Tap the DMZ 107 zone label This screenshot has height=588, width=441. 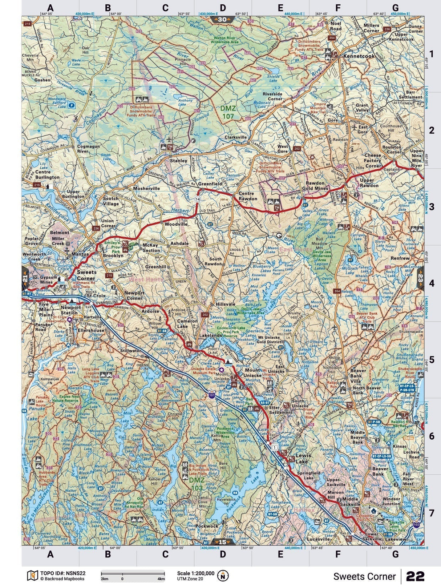[228, 112]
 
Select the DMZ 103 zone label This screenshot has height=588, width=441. [197, 484]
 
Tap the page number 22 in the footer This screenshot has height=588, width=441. [415, 576]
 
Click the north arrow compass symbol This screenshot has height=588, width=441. [223, 576]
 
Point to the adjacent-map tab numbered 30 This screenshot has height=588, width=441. [222, 19]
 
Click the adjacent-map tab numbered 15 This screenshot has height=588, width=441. [222, 542]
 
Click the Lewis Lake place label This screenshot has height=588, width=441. [302, 458]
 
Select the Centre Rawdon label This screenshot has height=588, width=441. [248, 196]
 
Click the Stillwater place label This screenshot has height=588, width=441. [130, 351]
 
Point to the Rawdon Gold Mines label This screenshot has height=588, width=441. [317, 186]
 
